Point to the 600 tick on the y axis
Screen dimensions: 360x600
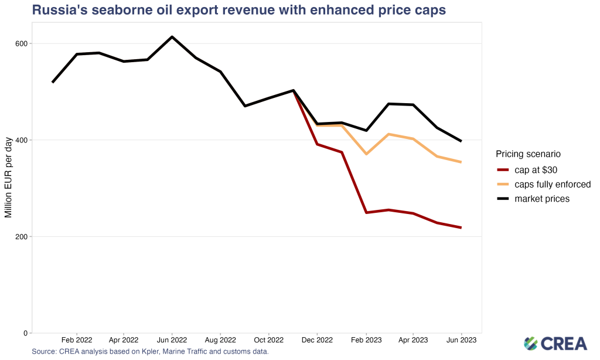22,43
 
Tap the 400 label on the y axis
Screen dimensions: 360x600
22,140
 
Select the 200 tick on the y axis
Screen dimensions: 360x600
22,236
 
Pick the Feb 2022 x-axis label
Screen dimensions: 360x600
77,340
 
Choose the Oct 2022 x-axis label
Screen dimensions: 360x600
268,340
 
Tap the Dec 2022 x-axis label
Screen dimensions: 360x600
316,340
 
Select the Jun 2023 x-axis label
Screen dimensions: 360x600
461,340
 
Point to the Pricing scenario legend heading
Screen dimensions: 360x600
529,154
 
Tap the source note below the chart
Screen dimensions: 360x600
151,352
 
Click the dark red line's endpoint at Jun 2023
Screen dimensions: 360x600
461,227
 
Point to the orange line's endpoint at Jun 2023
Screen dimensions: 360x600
461,162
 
